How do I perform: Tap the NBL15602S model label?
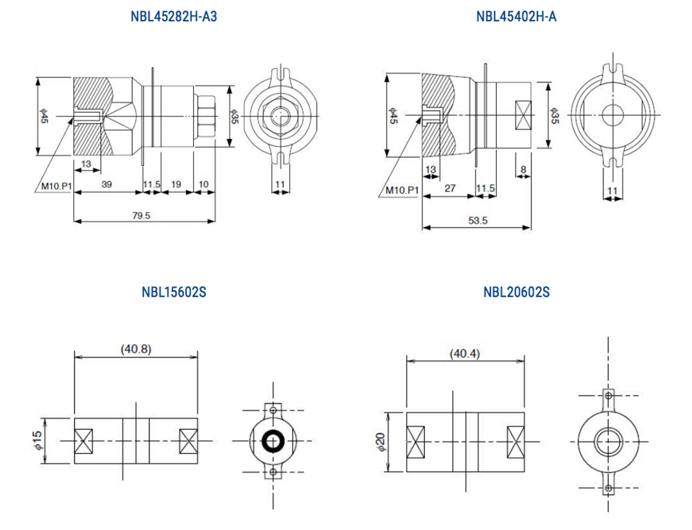(x=174, y=292)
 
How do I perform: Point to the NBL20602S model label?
(x=516, y=292)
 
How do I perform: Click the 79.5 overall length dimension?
(x=141, y=216)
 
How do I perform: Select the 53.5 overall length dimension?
(x=477, y=221)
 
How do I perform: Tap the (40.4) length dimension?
(x=464, y=353)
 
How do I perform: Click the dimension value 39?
(x=107, y=185)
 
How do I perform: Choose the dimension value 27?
(x=450, y=188)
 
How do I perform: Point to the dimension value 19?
(x=176, y=185)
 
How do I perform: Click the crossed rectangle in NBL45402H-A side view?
(x=523, y=115)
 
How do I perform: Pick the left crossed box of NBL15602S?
(x=84, y=441)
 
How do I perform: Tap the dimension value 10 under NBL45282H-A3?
(x=203, y=185)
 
